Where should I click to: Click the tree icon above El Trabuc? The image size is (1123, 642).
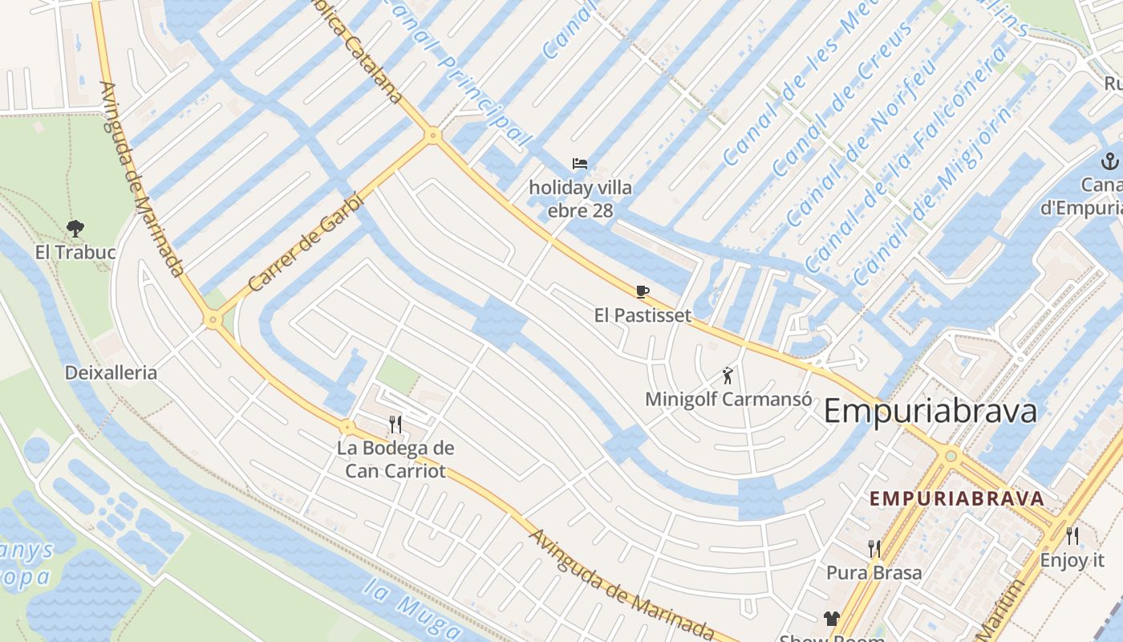(x=75, y=229)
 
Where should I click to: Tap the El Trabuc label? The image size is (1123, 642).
(x=75, y=252)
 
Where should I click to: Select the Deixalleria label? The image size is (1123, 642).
(x=111, y=372)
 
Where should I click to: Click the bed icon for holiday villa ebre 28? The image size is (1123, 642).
(x=580, y=164)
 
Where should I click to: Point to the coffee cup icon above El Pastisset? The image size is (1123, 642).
(x=642, y=291)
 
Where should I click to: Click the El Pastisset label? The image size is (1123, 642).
(x=642, y=315)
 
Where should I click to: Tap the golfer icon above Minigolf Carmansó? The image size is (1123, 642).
(x=728, y=375)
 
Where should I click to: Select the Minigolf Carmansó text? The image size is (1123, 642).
(x=728, y=399)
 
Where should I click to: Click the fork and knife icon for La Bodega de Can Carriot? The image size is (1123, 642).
(x=395, y=424)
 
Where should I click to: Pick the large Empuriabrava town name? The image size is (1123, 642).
(x=930, y=411)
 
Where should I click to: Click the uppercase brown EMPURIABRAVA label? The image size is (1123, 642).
(x=957, y=498)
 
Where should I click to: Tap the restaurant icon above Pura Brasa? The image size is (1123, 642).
(x=874, y=549)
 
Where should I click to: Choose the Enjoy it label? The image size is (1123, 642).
(x=1072, y=560)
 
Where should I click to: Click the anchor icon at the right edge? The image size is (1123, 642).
(x=1109, y=160)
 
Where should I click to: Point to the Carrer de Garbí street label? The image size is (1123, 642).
(x=306, y=242)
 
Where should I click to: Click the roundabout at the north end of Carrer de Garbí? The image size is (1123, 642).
(x=433, y=135)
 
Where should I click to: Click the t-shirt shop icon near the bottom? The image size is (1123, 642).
(x=830, y=618)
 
